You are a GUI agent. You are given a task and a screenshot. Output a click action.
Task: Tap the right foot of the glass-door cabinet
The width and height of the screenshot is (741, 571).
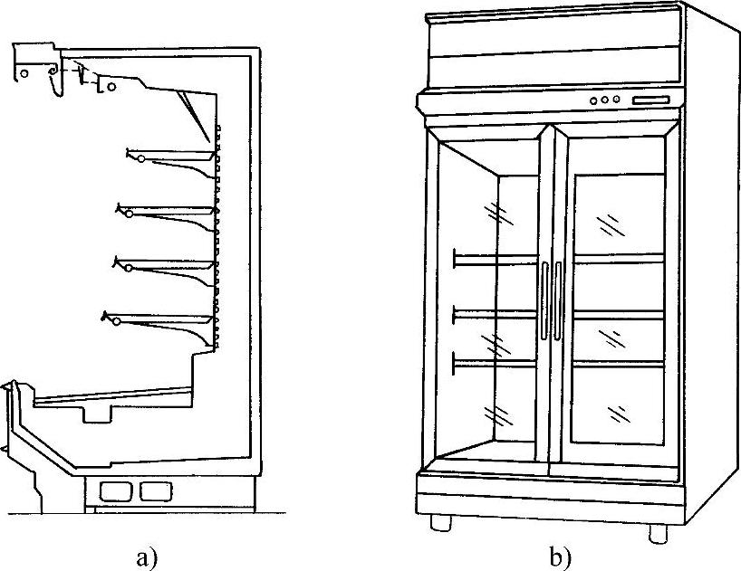[x=658, y=530]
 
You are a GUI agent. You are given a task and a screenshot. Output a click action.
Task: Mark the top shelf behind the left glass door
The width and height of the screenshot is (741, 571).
[x=496, y=260]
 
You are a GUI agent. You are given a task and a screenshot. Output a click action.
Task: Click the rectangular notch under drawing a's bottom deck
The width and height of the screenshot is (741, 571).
[x=100, y=414]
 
